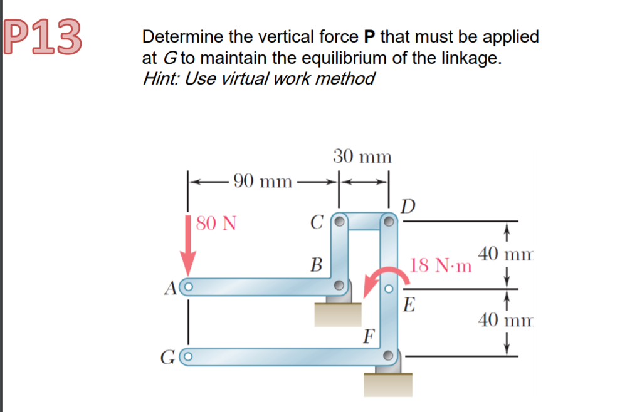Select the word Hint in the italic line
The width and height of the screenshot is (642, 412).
tap(160, 79)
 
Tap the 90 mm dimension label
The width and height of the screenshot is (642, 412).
tap(262, 182)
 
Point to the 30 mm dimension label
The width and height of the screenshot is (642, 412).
tap(362, 156)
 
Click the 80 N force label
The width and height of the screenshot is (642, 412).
tap(216, 223)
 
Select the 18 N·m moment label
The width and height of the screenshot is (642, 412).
tap(441, 265)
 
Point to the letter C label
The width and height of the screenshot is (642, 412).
tap(317, 222)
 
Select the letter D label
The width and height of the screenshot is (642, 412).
tap(408, 205)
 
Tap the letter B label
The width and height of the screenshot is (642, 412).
tap(317, 265)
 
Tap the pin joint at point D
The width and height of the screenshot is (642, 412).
tap(389, 222)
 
